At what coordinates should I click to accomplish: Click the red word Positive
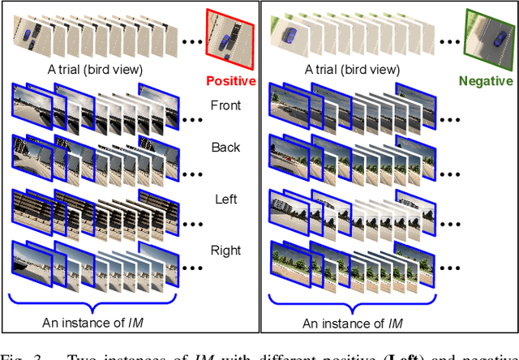tap(230, 81)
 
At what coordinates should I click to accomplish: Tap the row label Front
tap(225, 105)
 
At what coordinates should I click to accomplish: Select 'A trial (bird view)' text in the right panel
tap(352, 70)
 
